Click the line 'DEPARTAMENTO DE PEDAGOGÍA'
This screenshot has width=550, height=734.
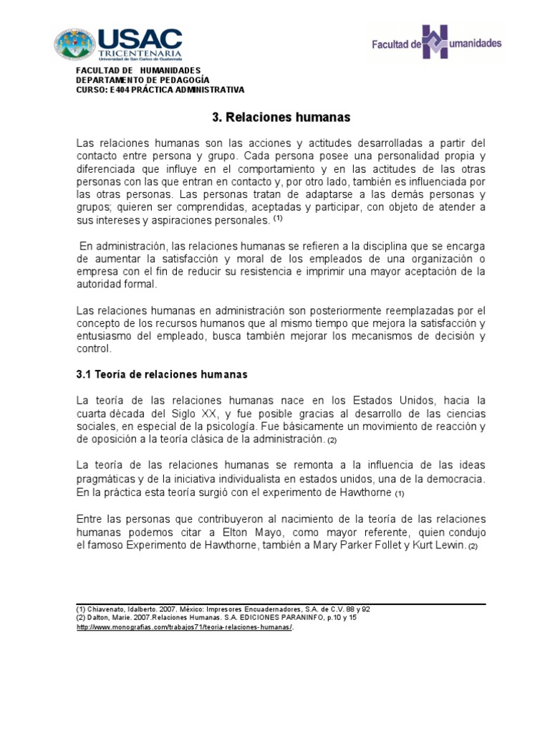[143, 80]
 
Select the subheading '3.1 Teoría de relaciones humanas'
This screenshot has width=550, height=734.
[161, 374]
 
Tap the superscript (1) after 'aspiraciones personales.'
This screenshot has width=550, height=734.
[279, 219]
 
